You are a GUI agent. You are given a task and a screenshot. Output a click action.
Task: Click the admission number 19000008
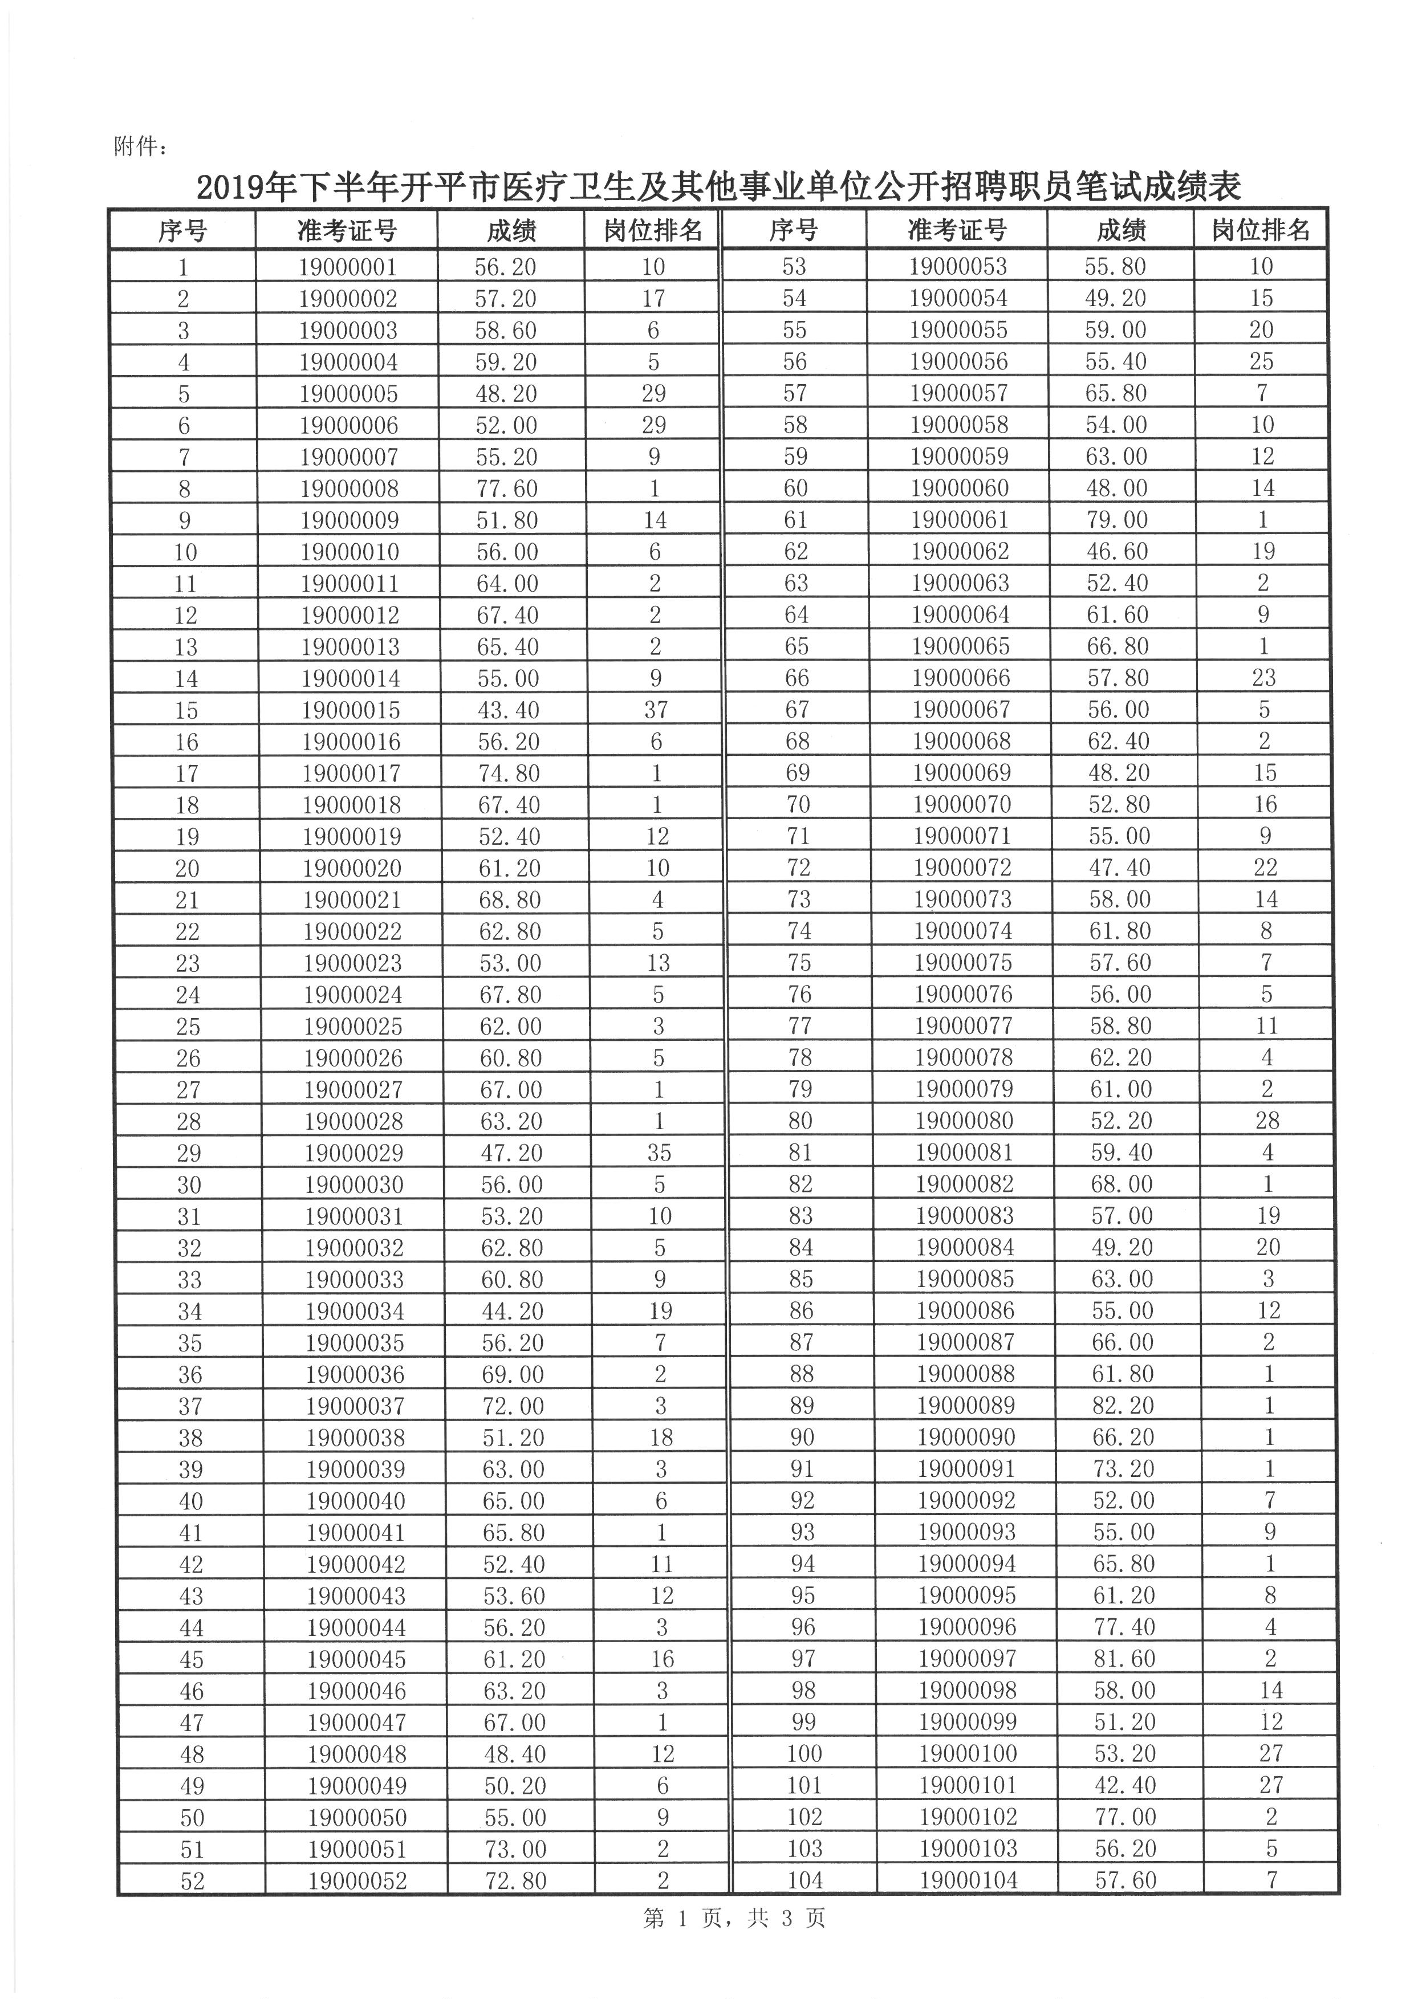coord(349,489)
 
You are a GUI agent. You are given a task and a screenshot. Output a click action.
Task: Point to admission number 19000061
coord(960,520)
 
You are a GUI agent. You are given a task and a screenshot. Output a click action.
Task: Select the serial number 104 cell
coord(804,1880)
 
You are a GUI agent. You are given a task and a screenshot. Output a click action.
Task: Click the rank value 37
coord(656,710)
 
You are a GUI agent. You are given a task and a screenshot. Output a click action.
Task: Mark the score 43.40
coord(507,710)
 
